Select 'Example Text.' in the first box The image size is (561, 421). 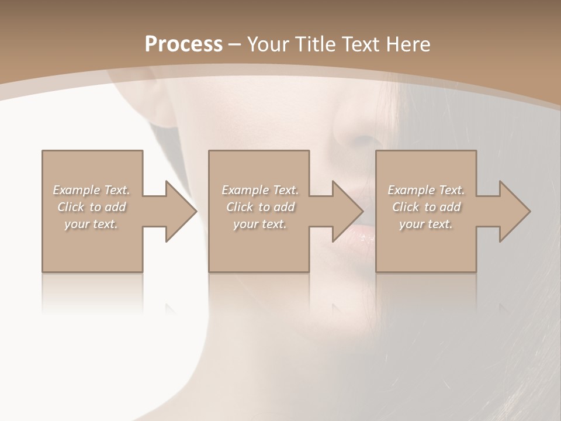click(91, 190)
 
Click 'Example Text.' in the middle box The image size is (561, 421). click(259, 190)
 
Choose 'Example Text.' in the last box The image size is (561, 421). click(426, 190)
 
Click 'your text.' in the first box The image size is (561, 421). click(91, 224)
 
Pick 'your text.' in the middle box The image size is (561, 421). click(259, 224)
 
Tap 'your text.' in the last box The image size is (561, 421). click(426, 224)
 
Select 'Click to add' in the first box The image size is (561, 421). click(92, 207)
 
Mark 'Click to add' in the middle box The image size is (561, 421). click(260, 207)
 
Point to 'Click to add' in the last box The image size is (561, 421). click(427, 207)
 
